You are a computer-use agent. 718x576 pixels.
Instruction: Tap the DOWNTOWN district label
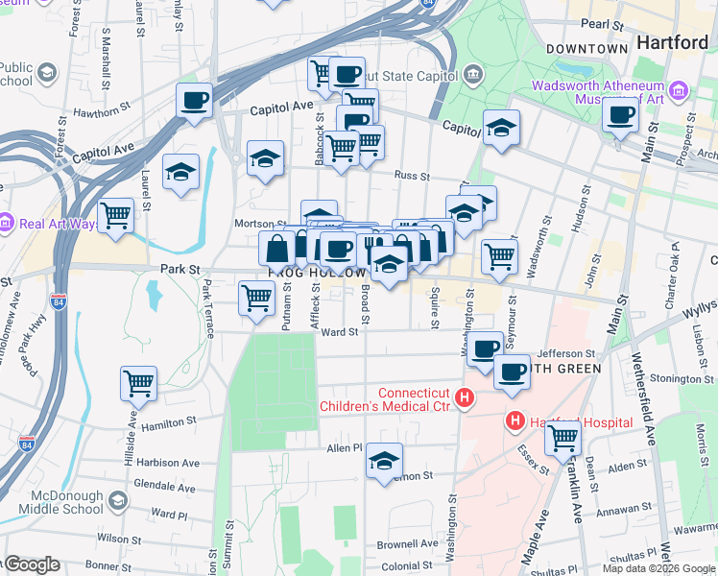point(586,48)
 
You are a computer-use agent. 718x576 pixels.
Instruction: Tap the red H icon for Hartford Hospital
point(515,421)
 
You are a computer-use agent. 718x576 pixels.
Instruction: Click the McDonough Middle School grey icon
point(117,501)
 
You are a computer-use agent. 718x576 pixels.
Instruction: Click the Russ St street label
point(412,176)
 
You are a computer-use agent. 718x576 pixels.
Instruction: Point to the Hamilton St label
point(168,420)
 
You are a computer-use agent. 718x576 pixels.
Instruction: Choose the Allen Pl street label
point(344,448)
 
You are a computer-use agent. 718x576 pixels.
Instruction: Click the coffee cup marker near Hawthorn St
point(194,100)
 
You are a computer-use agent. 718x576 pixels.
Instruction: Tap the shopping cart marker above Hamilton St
point(138,382)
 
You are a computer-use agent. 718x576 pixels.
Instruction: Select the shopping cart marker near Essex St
point(562,439)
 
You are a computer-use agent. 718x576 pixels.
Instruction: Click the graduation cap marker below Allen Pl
point(384,462)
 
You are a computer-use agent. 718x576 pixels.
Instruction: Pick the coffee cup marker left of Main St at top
point(620,115)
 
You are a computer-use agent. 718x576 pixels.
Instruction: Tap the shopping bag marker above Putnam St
point(276,248)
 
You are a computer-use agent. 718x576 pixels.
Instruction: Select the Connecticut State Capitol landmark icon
point(472,74)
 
